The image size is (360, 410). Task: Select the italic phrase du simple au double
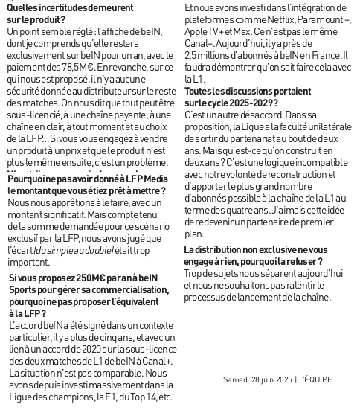66,250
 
